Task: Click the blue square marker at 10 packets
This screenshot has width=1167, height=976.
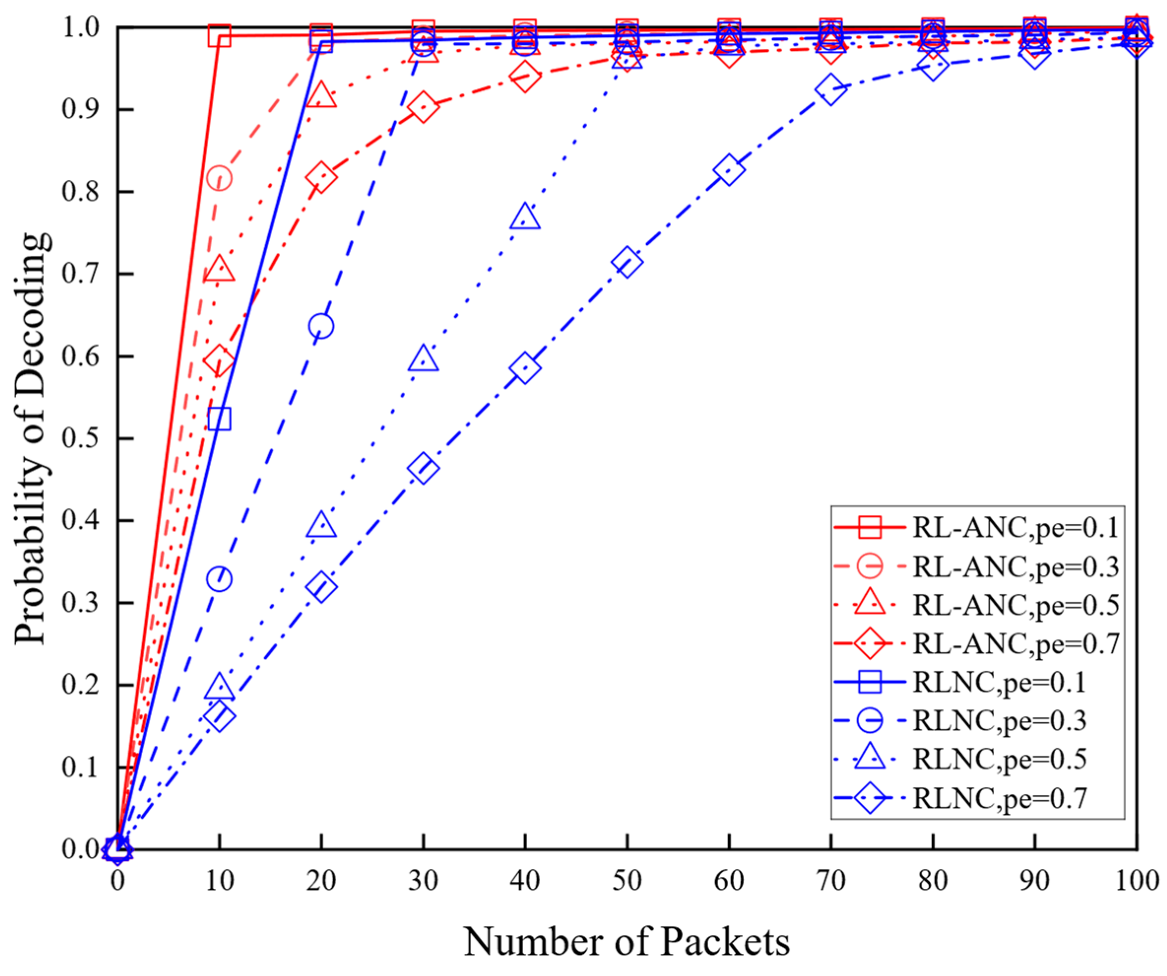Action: [220, 419]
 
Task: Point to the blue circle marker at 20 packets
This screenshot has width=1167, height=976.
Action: [321, 326]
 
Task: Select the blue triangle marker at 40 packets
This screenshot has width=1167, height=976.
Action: [525, 217]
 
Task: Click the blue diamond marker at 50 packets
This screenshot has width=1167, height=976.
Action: [628, 263]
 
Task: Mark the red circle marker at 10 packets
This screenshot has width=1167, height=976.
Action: [220, 178]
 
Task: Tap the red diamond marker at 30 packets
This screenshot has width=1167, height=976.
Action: [423, 107]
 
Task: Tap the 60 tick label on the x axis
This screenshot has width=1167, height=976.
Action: [729, 880]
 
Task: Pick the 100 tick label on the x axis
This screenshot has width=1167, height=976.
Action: [1137, 880]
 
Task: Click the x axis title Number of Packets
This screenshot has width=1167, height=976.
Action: [627, 942]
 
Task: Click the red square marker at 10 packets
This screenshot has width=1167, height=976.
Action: [220, 36]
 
